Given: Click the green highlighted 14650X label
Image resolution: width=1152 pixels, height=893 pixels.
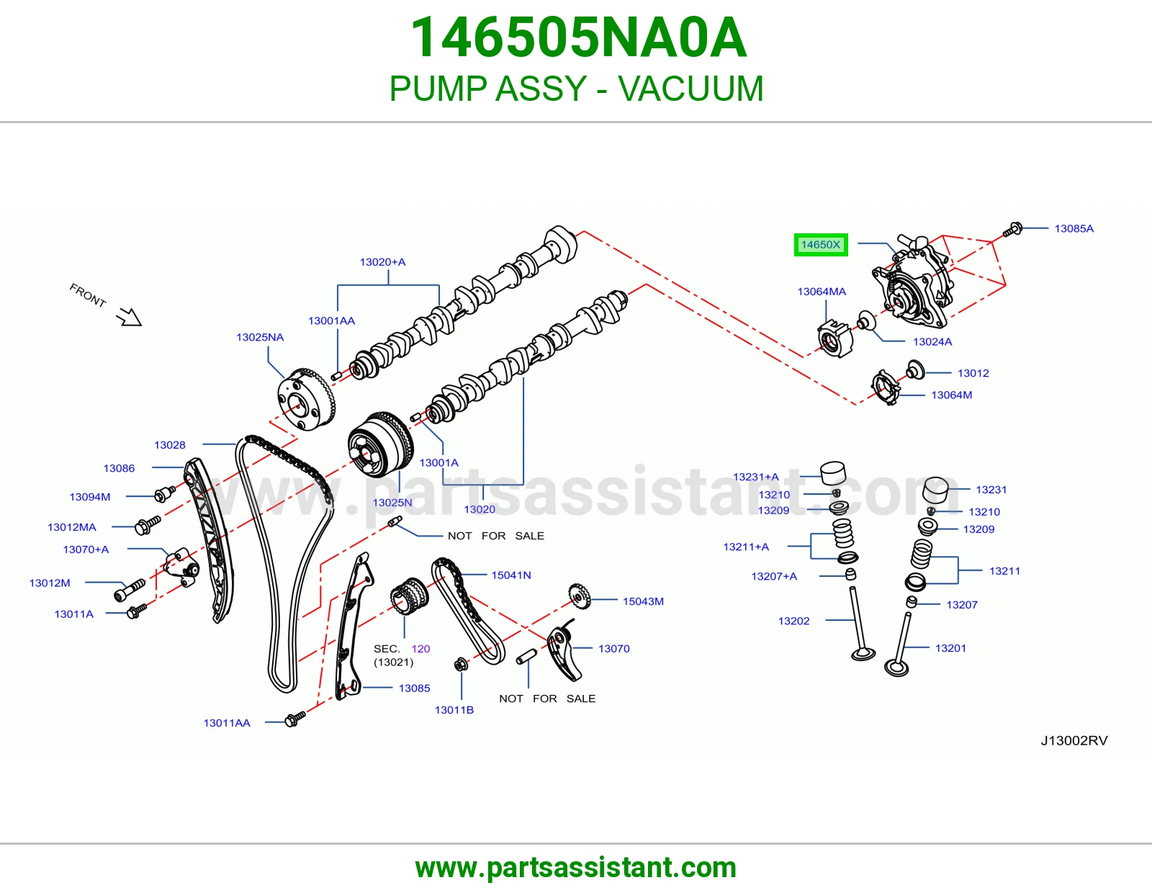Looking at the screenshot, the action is [x=821, y=244].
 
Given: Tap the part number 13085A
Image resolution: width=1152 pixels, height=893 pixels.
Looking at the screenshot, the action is [x=1074, y=228].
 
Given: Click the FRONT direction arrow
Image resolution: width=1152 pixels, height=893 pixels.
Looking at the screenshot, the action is [x=129, y=317].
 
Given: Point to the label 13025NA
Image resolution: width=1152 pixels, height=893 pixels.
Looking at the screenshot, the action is [x=260, y=337].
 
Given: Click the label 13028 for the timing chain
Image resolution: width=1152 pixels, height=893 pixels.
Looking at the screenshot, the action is [x=170, y=445].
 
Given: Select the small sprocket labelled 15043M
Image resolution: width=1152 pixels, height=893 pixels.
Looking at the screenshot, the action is [x=580, y=596].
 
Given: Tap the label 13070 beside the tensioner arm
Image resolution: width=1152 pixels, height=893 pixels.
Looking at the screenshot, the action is [x=614, y=649].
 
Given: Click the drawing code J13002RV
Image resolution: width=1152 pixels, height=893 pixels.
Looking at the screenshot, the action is [x=1074, y=741].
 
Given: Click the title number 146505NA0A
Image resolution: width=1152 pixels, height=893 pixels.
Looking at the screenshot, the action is [x=578, y=37].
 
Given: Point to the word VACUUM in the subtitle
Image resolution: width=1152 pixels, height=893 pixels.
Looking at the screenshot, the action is [x=690, y=89].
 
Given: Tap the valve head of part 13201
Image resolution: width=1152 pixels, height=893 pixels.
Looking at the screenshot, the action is [x=897, y=668].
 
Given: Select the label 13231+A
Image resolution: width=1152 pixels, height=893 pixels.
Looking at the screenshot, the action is [x=755, y=477].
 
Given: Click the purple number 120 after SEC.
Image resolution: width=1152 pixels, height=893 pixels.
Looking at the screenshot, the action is [x=420, y=649].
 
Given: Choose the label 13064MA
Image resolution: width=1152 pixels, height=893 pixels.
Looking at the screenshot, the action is [x=822, y=292].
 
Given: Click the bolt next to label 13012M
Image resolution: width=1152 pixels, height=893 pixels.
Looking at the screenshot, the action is [x=130, y=591].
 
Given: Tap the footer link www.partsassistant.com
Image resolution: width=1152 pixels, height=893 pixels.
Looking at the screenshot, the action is [x=576, y=868].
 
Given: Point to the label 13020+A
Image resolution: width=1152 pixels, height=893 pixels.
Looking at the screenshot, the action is [x=382, y=262].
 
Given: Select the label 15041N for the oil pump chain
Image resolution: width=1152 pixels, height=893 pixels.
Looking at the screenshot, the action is [x=511, y=575].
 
